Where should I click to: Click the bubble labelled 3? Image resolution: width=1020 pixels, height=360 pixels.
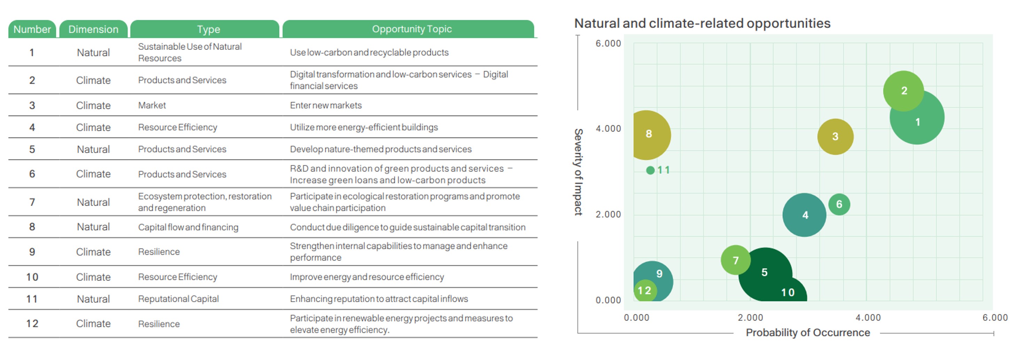[835, 137]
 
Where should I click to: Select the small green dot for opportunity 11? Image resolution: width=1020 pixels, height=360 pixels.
[650, 170]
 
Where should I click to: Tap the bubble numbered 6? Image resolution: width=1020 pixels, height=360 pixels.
[839, 204]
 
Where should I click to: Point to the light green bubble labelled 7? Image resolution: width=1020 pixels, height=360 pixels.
[735, 260]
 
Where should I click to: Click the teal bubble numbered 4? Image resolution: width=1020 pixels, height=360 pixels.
[804, 215]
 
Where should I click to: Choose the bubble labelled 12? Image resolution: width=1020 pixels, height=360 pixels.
[645, 291]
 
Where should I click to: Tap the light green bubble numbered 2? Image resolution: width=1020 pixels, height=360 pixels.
[903, 91]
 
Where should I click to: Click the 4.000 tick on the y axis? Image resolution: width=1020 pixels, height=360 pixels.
[608, 129]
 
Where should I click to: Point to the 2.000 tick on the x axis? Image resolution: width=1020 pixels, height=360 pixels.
[750, 317]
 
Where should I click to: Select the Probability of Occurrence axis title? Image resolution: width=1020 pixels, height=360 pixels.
[807, 333]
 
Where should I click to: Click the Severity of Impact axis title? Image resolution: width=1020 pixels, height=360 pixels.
[578, 172]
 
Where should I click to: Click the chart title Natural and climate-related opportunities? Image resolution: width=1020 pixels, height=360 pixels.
[702, 23]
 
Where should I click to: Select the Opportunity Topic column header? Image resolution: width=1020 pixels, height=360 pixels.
[412, 29]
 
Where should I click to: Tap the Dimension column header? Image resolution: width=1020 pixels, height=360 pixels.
[93, 29]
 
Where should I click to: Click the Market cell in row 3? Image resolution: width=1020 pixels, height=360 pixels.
[152, 105]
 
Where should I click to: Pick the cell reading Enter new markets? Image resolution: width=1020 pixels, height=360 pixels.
[325, 105]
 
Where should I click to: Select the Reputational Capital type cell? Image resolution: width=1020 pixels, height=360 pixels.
[178, 299]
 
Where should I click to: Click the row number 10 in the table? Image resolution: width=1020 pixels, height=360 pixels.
[32, 277]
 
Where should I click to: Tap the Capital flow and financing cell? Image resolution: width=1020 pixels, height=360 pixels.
[188, 227]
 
